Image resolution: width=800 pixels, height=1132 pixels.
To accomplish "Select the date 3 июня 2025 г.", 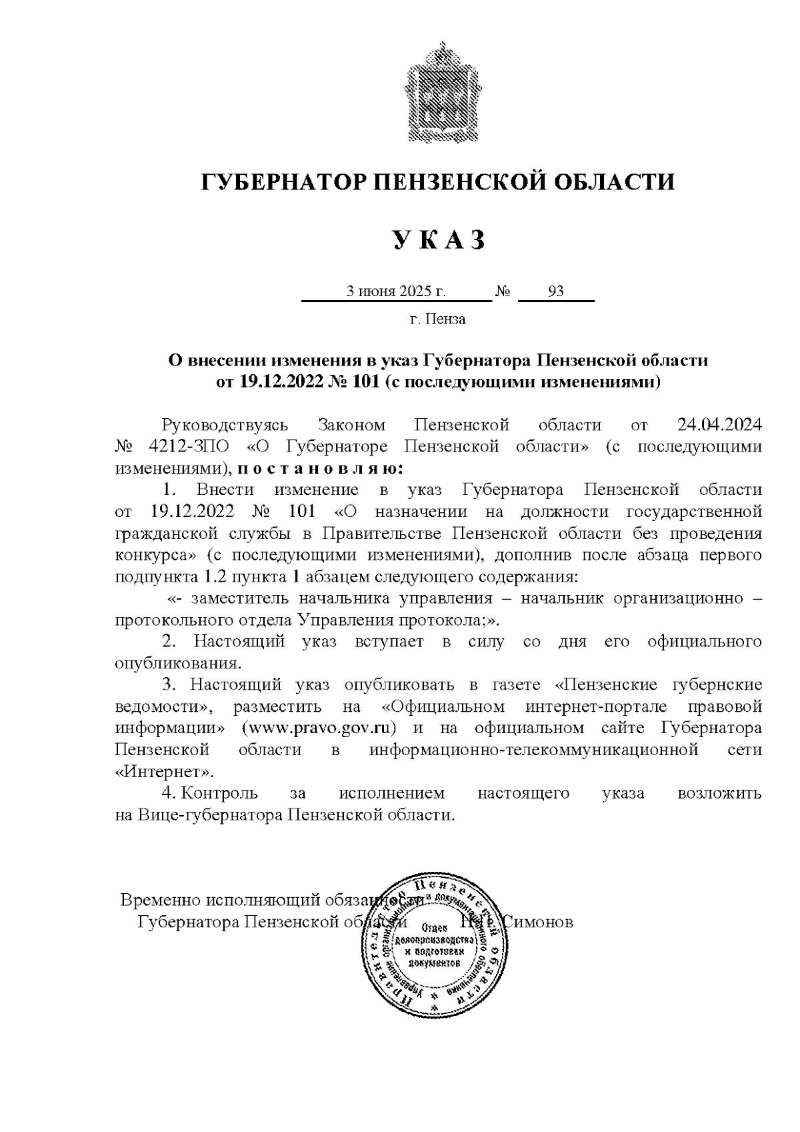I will [x=395, y=292].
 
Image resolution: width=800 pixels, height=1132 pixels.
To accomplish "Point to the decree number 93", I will [x=555, y=292].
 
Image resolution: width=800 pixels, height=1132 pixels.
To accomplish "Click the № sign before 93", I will [x=503, y=292].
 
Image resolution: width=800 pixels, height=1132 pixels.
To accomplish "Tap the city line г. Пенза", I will [x=437, y=320].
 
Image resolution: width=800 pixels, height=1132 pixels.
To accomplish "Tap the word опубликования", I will [x=177, y=663].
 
